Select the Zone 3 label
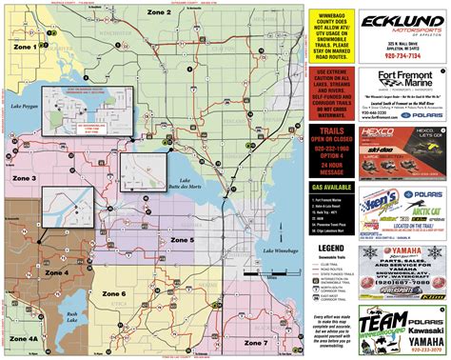point(24,178)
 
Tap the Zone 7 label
point(254,342)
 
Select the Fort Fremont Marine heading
point(395,77)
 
